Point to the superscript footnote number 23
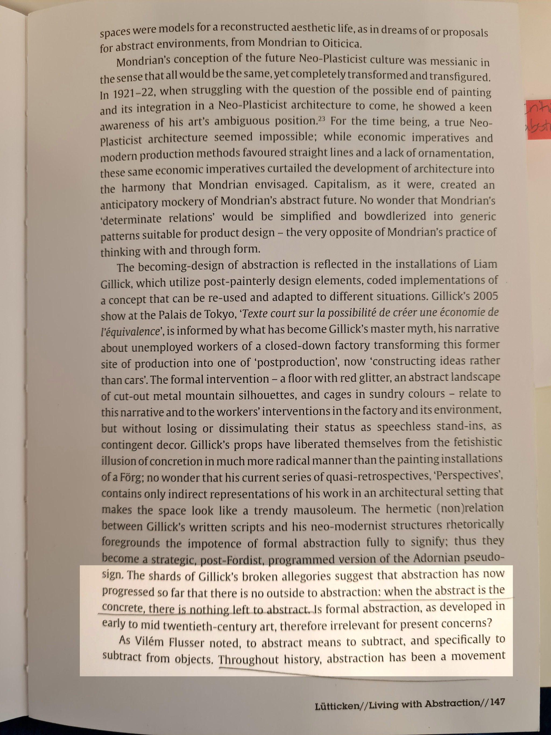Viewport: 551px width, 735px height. tap(322, 119)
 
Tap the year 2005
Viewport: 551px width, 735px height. tap(486, 296)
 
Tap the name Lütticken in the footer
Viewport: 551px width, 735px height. tap(337, 704)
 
